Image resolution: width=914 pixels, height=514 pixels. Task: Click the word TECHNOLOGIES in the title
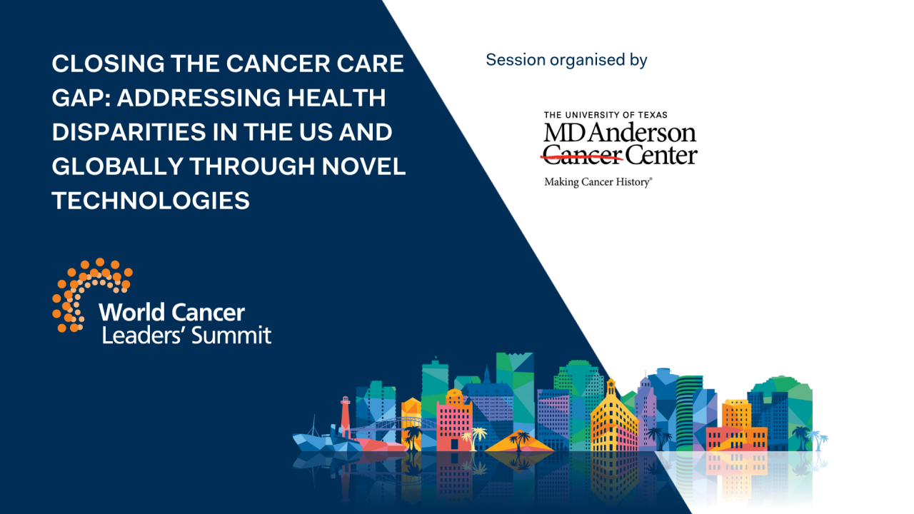click(151, 201)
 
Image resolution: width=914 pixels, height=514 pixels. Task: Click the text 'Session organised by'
click(566, 60)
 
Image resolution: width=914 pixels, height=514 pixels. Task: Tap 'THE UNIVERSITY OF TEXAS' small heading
click(606, 115)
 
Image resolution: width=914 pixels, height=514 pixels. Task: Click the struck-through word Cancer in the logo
click(582, 153)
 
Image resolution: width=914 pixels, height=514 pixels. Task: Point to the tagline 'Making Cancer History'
click(598, 182)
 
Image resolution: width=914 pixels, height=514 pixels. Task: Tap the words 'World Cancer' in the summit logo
click(171, 312)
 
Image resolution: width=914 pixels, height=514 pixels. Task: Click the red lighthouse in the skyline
click(346, 415)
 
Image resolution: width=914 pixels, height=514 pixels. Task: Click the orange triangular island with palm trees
click(520, 442)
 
